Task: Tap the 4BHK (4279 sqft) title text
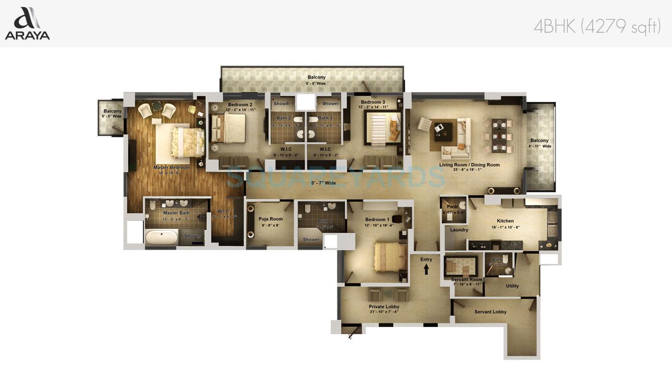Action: point(597,27)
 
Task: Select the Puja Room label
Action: point(271,219)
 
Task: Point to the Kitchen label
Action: point(505,221)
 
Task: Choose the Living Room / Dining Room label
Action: point(469,165)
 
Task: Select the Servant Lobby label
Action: point(490,312)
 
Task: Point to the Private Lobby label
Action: point(384,307)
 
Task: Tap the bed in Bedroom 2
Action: point(231,127)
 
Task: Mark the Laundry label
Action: point(459,230)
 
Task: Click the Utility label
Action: point(512,286)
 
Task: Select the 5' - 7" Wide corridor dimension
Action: point(324,183)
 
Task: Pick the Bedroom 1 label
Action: point(377,220)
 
